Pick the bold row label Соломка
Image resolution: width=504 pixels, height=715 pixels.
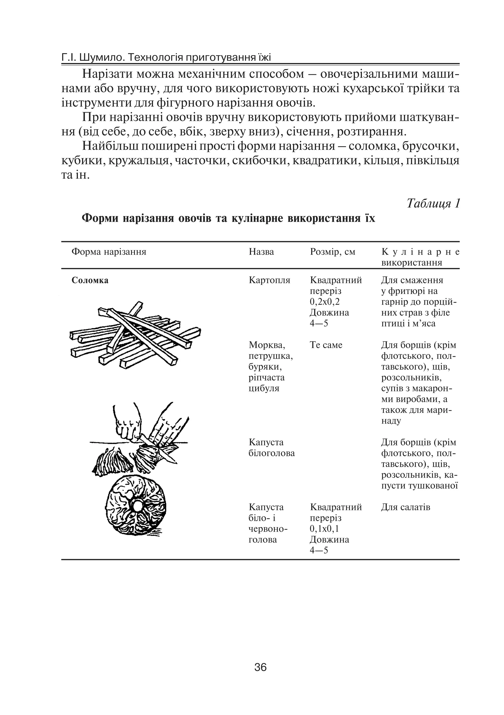(90, 280)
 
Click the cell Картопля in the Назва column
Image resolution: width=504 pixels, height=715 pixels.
(269, 280)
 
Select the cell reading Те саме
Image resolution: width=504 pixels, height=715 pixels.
(326, 345)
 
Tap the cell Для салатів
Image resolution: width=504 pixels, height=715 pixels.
(405, 507)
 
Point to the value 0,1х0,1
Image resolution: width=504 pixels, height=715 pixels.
(325, 528)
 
